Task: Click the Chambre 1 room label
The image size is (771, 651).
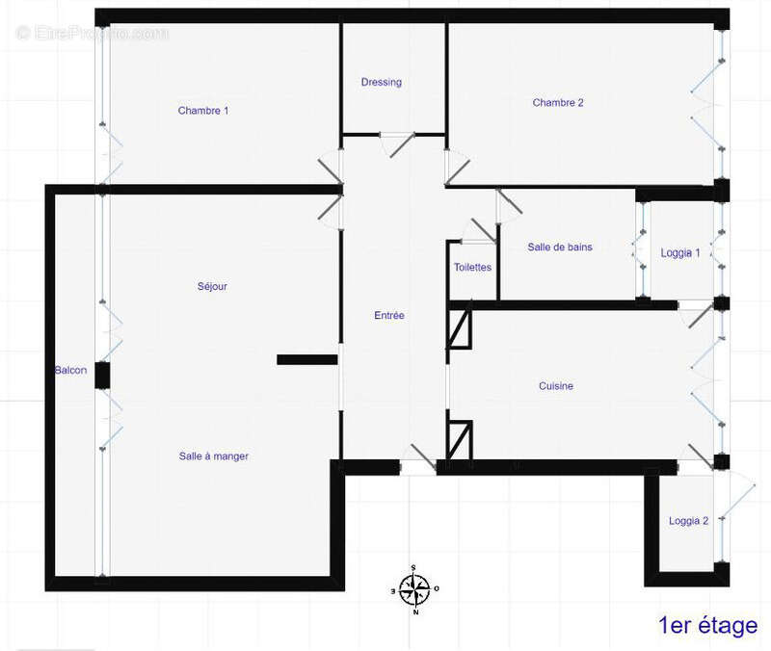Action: (203, 111)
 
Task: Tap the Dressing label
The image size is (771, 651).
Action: (381, 82)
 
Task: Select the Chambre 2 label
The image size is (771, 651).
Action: (558, 103)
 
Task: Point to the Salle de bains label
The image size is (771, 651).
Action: (560, 247)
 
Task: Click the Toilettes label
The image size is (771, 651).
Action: (473, 268)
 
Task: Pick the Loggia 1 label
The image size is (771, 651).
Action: (680, 253)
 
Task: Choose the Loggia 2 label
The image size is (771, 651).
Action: (689, 521)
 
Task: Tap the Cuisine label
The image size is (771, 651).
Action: (556, 386)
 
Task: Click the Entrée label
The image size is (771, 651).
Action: (389, 316)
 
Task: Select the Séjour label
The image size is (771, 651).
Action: (211, 286)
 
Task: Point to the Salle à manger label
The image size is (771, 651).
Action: (214, 456)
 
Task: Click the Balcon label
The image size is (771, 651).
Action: (70, 370)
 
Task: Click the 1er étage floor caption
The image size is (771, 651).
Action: (707, 626)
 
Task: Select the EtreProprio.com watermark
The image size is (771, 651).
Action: (93, 34)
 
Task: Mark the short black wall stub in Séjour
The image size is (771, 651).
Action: (306, 359)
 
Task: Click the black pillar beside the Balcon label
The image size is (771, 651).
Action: (101, 376)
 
